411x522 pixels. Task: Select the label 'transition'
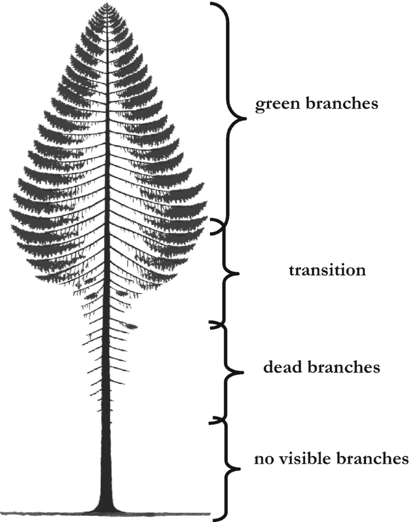327,270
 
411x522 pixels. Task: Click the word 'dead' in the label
284,367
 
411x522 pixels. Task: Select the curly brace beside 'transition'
227,273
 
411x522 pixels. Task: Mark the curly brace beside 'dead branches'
231,371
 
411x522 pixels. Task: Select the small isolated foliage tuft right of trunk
131,327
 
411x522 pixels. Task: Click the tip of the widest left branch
10,211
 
